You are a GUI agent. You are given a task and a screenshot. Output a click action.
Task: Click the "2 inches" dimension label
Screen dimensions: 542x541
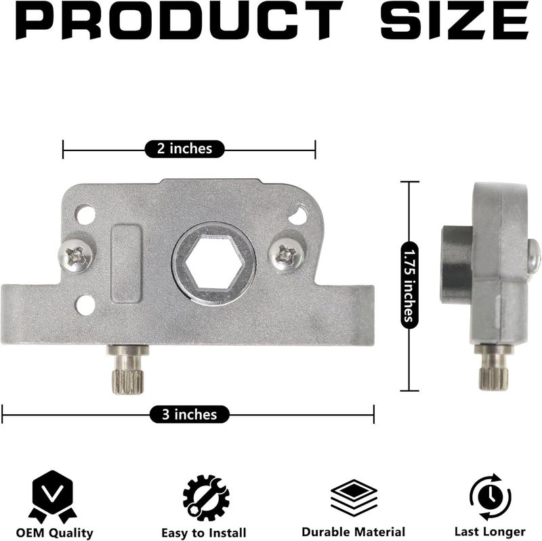click(x=184, y=148)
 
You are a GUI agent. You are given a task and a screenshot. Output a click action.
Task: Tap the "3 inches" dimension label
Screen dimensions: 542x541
click(x=190, y=414)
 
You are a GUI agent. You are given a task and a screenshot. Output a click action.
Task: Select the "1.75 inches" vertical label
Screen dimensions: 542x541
click(x=409, y=285)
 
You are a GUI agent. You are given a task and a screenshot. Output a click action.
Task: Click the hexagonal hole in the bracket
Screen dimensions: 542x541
click(x=213, y=262)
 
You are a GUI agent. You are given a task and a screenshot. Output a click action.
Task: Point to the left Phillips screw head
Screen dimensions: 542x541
click(x=77, y=256)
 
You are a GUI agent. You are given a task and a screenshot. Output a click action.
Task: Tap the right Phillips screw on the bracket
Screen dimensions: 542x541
click(x=287, y=256)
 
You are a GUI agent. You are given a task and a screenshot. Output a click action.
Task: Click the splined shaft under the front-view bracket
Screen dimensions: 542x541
click(x=128, y=369)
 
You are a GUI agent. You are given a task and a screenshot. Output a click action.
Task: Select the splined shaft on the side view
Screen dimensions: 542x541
click(x=493, y=367)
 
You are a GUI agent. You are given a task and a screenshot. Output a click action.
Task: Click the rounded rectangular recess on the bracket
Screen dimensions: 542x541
click(x=126, y=264)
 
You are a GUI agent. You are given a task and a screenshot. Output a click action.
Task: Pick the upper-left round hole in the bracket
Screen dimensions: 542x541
click(x=85, y=215)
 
